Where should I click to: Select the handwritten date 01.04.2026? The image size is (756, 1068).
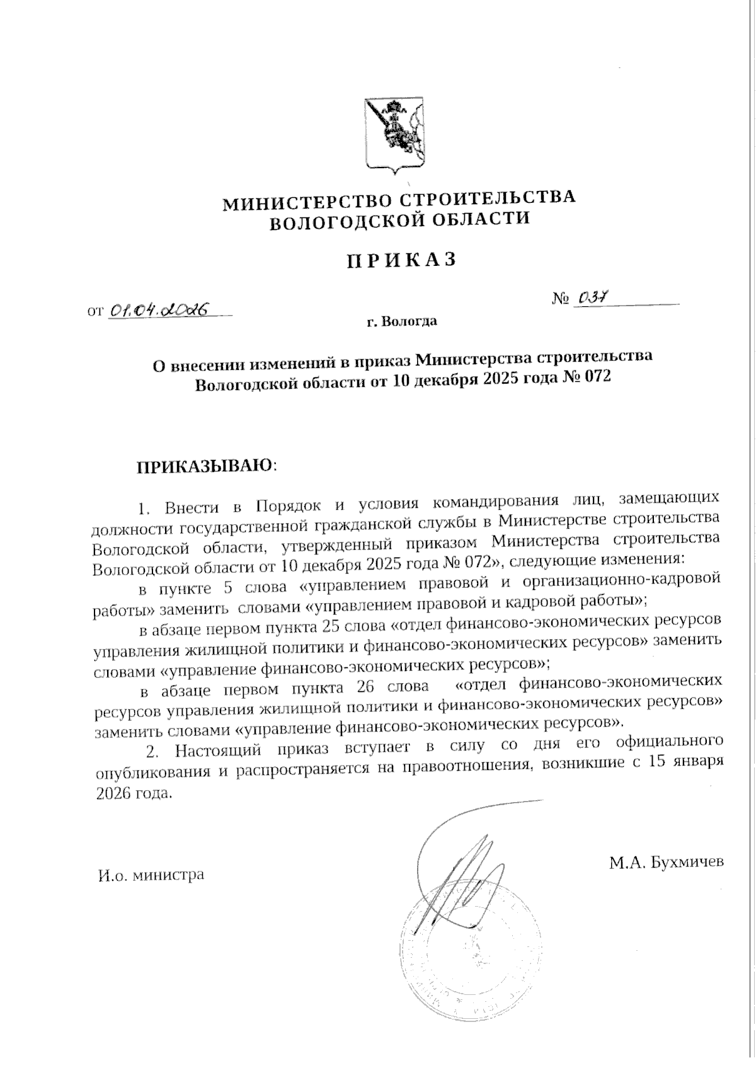[160, 309]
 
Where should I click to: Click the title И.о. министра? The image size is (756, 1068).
[151, 875]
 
